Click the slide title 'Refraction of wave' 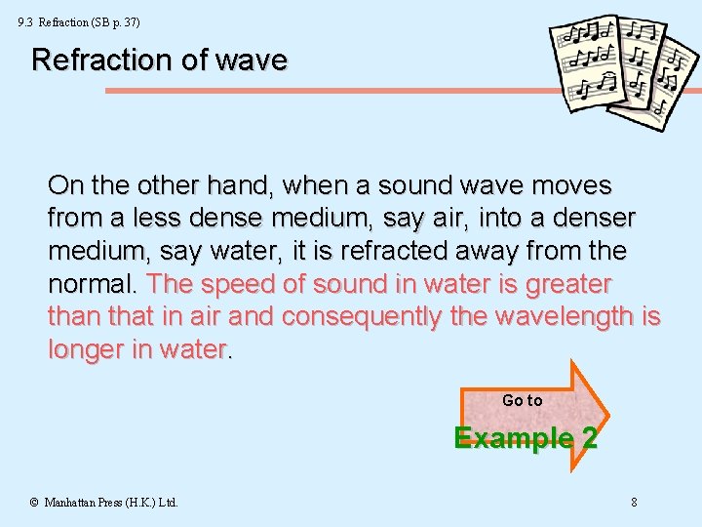(159, 61)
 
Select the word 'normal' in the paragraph (93, 285)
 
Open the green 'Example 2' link (526, 437)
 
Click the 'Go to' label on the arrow (522, 400)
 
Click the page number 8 (634, 503)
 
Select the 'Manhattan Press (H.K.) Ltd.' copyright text (110, 503)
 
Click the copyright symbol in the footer (34, 503)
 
